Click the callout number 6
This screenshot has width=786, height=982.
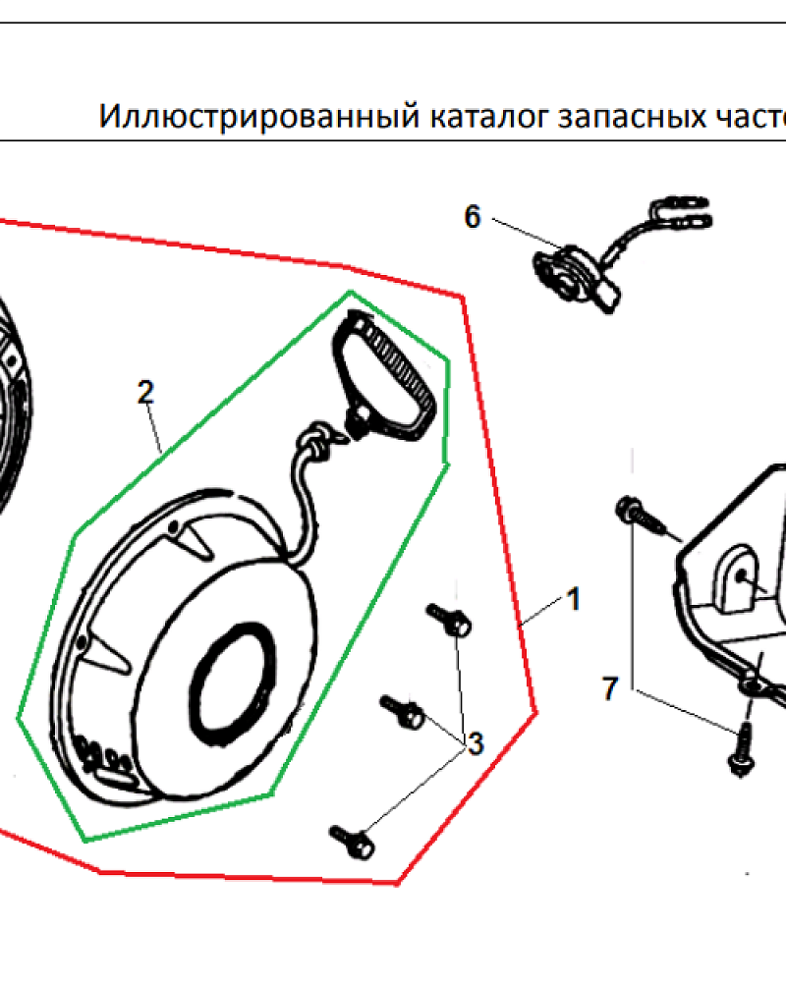[472, 217]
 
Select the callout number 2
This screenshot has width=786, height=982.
[145, 393]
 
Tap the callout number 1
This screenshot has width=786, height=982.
[574, 600]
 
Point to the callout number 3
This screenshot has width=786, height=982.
[477, 744]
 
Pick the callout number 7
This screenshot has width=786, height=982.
[610, 688]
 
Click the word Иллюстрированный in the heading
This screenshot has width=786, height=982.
[259, 117]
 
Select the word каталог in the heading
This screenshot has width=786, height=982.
[489, 118]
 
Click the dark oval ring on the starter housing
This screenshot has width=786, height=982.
[232, 683]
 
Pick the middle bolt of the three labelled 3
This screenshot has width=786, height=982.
[403, 712]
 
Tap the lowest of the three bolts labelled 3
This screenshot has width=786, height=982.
[353, 843]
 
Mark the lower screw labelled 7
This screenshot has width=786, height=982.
[742, 749]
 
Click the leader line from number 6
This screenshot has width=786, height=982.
[527, 232]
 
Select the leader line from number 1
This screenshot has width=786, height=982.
[541, 612]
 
